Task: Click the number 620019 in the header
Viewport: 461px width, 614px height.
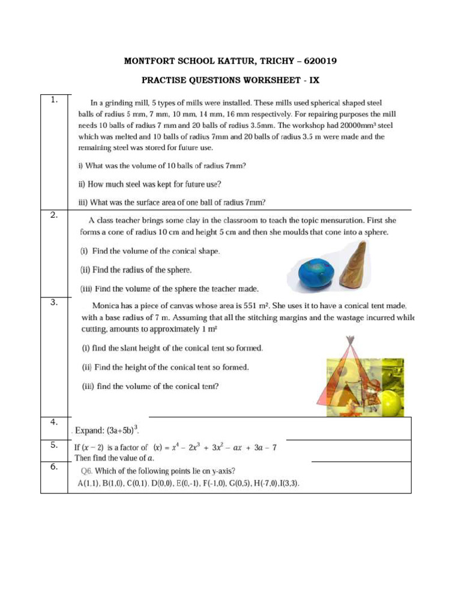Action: click(x=324, y=62)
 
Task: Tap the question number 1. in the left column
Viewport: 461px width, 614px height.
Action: click(x=55, y=100)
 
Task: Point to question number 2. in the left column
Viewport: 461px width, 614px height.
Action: click(x=55, y=216)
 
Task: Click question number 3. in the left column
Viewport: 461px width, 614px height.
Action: click(x=55, y=302)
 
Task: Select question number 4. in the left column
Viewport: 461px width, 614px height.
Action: click(x=55, y=422)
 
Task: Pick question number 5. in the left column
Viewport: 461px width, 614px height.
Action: click(x=55, y=444)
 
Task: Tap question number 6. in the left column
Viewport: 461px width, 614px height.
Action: click(x=55, y=467)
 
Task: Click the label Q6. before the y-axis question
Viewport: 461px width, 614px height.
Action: click(x=85, y=471)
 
